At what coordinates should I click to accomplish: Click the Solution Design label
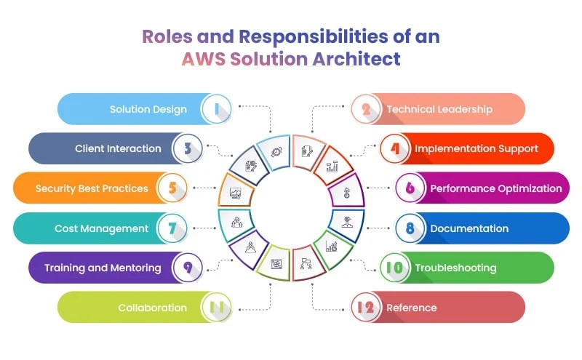[x=148, y=109]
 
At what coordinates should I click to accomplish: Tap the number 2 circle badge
[x=366, y=109]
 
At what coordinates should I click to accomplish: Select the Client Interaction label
[x=118, y=148]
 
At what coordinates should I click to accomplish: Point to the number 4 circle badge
[x=395, y=148]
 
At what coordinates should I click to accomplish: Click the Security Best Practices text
[x=92, y=188]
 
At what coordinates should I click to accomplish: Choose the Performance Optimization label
[x=496, y=188]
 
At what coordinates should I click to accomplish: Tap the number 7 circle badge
[x=172, y=228]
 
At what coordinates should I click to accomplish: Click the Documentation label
[x=469, y=228]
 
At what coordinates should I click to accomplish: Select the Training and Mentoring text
[x=103, y=268]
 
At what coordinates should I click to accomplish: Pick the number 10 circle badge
[x=394, y=268]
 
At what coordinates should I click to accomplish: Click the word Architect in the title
[x=360, y=59]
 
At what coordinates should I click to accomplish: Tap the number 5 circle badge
[x=172, y=188]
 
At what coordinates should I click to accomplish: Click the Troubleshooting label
[x=455, y=268]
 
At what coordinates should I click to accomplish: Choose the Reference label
[x=412, y=308]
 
